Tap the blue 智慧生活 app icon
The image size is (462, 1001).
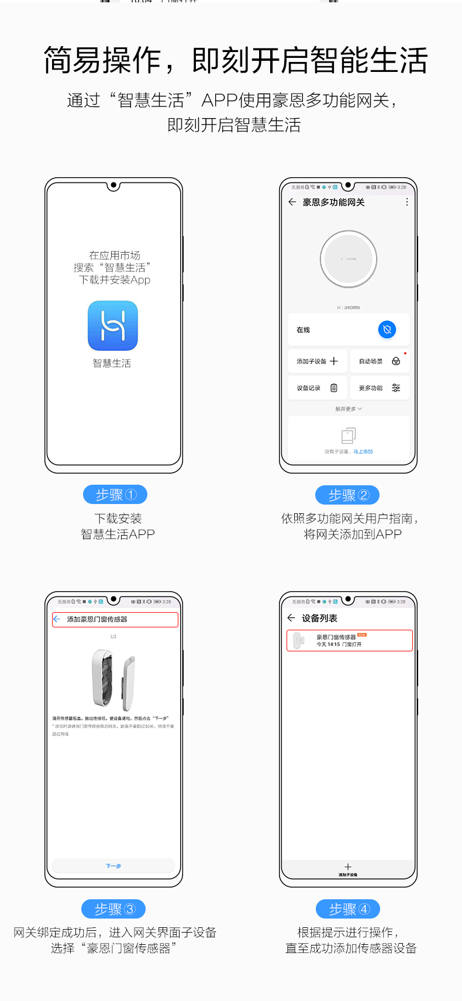[x=113, y=326]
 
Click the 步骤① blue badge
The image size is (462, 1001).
[x=115, y=495]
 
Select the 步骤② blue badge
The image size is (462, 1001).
[x=347, y=495]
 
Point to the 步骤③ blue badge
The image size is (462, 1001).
[x=113, y=909]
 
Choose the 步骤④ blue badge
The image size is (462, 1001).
[x=348, y=909]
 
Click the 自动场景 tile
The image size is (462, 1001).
[x=379, y=361]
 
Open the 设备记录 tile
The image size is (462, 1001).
[x=318, y=388]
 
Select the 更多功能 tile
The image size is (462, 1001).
[x=379, y=388]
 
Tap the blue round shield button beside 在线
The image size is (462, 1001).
[x=387, y=330]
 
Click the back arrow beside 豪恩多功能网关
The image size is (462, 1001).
[x=292, y=202]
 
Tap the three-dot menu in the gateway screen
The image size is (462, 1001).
[x=407, y=202]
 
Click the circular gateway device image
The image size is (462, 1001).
[x=349, y=259]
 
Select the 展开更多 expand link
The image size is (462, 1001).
[x=349, y=409]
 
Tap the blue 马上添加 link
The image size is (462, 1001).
[x=363, y=451]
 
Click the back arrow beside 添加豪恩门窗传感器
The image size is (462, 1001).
[x=57, y=619]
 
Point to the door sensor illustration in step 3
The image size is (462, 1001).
[x=113, y=678]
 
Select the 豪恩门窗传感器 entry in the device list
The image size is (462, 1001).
[x=349, y=640]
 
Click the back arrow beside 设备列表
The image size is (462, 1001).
[x=291, y=618]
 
